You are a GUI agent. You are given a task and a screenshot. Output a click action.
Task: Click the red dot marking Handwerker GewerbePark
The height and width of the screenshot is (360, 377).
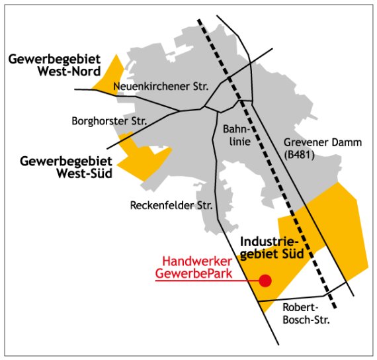(x=265, y=281)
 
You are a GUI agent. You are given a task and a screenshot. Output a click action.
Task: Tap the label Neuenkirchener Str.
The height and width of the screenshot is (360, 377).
(x=161, y=87)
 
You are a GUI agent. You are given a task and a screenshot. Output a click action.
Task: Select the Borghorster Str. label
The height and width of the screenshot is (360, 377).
(x=109, y=120)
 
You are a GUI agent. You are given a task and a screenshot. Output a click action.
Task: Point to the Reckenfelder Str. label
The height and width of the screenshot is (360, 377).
(x=170, y=206)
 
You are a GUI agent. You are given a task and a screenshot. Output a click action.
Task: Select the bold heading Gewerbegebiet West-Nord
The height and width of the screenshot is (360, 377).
(x=54, y=65)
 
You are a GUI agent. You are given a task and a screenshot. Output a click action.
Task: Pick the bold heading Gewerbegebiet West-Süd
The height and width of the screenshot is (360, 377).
(x=65, y=167)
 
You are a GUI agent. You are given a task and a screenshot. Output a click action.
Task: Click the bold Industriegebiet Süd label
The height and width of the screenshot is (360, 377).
(x=271, y=246)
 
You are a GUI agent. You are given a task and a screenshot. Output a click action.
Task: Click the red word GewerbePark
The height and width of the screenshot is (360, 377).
(x=193, y=273)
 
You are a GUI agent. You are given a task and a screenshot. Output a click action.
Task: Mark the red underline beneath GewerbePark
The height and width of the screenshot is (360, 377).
(x=198, y=281)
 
